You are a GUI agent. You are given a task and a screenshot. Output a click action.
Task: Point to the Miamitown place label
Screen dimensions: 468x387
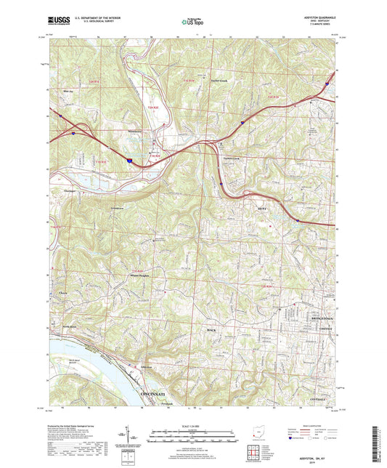tap(136, 131)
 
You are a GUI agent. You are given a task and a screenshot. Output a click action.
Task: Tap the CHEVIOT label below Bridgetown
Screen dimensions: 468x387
tap(323, 328)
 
